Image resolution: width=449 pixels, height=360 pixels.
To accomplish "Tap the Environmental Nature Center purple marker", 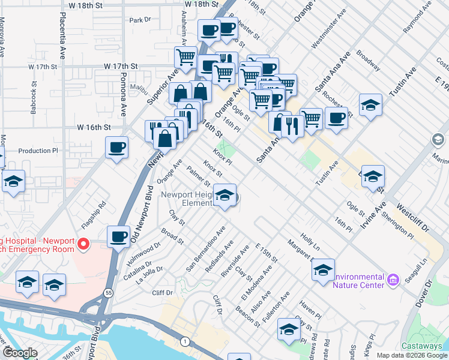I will (393, 279).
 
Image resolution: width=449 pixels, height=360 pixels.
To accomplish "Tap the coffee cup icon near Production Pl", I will (117, 146).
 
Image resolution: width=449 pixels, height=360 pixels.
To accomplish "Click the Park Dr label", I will (140, 20).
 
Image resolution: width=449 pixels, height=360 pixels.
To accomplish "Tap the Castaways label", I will (422, 346).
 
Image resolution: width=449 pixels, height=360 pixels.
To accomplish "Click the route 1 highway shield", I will (185, 341).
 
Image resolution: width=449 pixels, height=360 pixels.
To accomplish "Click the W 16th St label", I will (94, 128).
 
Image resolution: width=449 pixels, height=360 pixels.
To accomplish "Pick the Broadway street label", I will (368, 60).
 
